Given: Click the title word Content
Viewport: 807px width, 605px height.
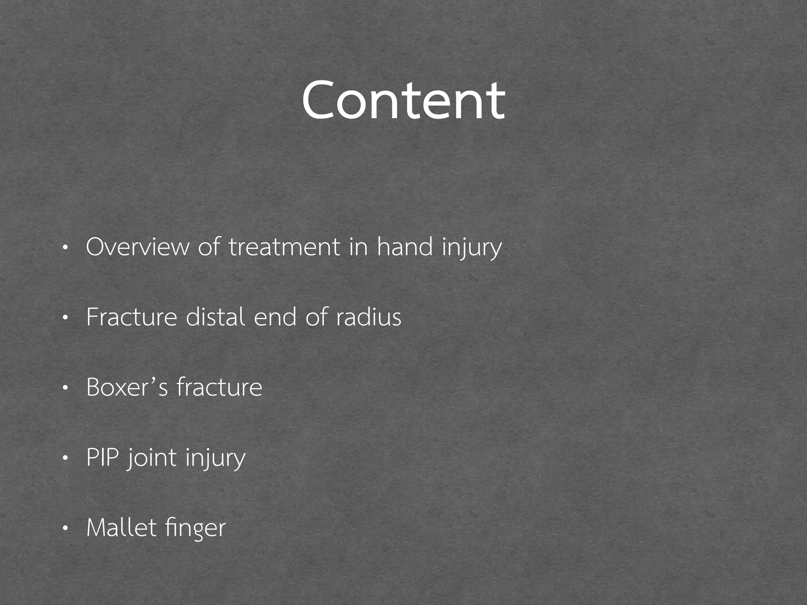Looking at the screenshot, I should pyautogui.click(x=403, y=100).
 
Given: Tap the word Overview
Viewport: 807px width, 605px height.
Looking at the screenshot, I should pyautogui.click(x=138, y=247).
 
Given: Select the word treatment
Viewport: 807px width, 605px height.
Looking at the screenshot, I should pyautogui.click(x=284, y=247).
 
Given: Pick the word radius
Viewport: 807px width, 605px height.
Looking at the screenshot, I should pyautogui.click(x=368, y=317).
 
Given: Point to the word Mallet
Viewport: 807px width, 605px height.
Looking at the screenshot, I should pyautogui.click(x=121, y=528).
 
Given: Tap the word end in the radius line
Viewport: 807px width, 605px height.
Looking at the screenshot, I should pyautogui.click(x=275, y=317).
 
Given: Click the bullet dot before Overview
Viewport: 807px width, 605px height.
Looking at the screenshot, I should pyautogui.click(x=65, y=248).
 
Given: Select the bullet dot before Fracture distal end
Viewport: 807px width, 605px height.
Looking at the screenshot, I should pyautogui.click(x=65, y=318).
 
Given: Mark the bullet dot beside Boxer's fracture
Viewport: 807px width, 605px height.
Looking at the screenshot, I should pyautogui.click(x=65, y=388).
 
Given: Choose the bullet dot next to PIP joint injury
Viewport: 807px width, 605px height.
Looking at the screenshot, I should pyautogui.click(x=65, y=458).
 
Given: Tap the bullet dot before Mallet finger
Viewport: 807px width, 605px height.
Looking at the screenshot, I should pyautogui.click(x=65, y=529).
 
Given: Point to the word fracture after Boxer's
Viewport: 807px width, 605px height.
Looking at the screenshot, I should pyautogui.click(x=219, y=387).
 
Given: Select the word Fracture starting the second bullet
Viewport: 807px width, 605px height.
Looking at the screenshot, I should pyautogui.click(x=132, y=317).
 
